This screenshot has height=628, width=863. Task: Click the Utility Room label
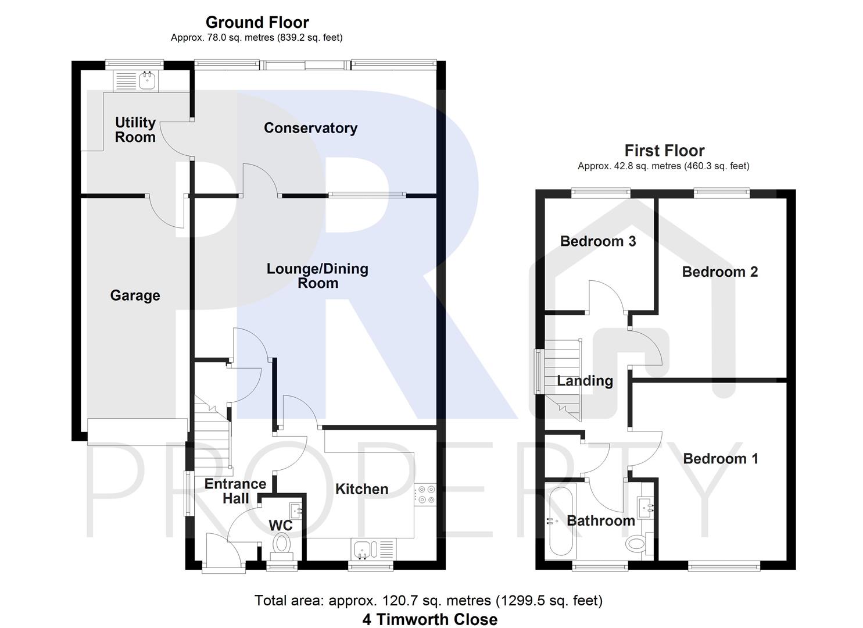pos(135,130)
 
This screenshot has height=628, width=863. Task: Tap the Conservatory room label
pos(310,128)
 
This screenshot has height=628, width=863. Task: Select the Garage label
pos(135,295)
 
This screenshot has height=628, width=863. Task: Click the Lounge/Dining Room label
pos(317,276)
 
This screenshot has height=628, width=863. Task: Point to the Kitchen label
pos(361,489)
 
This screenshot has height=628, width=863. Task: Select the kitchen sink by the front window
pos(364,548)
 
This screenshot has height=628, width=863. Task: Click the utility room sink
pos(148,80)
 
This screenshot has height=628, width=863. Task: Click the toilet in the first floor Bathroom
pos(636,544)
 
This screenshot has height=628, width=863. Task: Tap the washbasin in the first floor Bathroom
pos(646,507)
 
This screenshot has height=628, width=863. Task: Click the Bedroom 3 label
pos(598,241)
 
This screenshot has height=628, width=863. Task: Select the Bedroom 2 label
pos(719,272)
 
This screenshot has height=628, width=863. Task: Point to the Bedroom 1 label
pos(720,459)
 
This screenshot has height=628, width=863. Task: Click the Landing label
pos(585,381)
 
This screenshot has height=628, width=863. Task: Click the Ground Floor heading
pos(257,22)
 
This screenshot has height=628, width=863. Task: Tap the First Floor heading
pos(664,151)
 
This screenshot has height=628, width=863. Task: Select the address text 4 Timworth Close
pos(429,619)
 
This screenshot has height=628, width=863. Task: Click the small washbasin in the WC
pos(296,510)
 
